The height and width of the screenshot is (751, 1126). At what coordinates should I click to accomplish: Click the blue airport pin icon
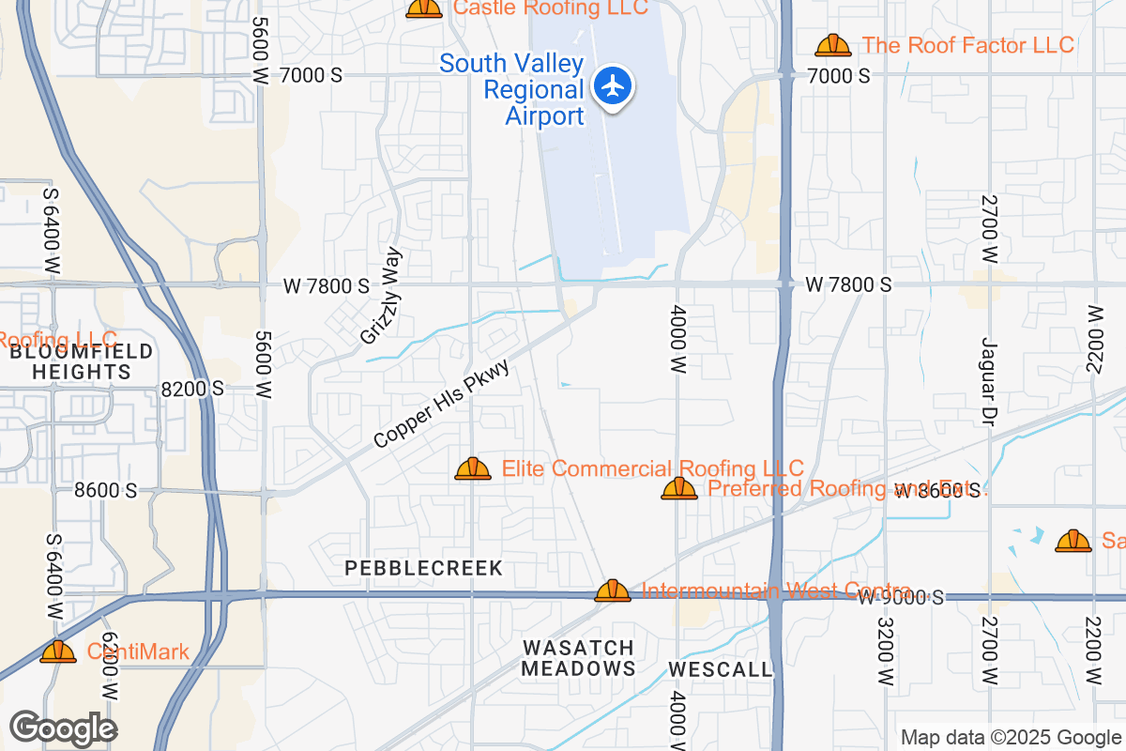pos(614,86)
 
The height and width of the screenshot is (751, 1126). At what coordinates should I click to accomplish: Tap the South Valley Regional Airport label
pos(511,90)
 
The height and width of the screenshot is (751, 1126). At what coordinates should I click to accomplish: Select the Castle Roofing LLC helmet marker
pos(424,8)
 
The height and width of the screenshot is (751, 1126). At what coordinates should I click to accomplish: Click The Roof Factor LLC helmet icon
pos(832,45)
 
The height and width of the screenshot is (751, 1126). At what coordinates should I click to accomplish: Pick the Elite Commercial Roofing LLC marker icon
pos(473,468)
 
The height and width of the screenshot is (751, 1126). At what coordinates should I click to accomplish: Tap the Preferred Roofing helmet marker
pos(679,488)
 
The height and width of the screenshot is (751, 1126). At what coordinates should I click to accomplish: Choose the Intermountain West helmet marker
pos(613,590)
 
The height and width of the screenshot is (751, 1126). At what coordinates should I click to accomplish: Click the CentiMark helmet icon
pos(58,651)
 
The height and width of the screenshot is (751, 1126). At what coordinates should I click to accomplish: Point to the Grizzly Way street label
pos(380,295)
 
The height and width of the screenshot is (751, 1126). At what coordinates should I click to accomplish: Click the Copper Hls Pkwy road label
pos(440,405)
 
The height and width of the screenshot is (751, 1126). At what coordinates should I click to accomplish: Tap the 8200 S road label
pos(191,388)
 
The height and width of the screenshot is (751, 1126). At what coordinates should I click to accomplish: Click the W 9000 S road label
pos(901,598)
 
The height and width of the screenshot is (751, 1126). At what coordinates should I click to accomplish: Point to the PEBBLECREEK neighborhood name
pos(424,568)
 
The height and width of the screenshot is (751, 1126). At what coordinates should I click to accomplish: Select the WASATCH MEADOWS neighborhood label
pos(578,658)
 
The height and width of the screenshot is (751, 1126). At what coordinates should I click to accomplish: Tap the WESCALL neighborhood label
pos(721,669)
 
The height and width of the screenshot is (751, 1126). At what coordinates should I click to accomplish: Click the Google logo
pos(63,728)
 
